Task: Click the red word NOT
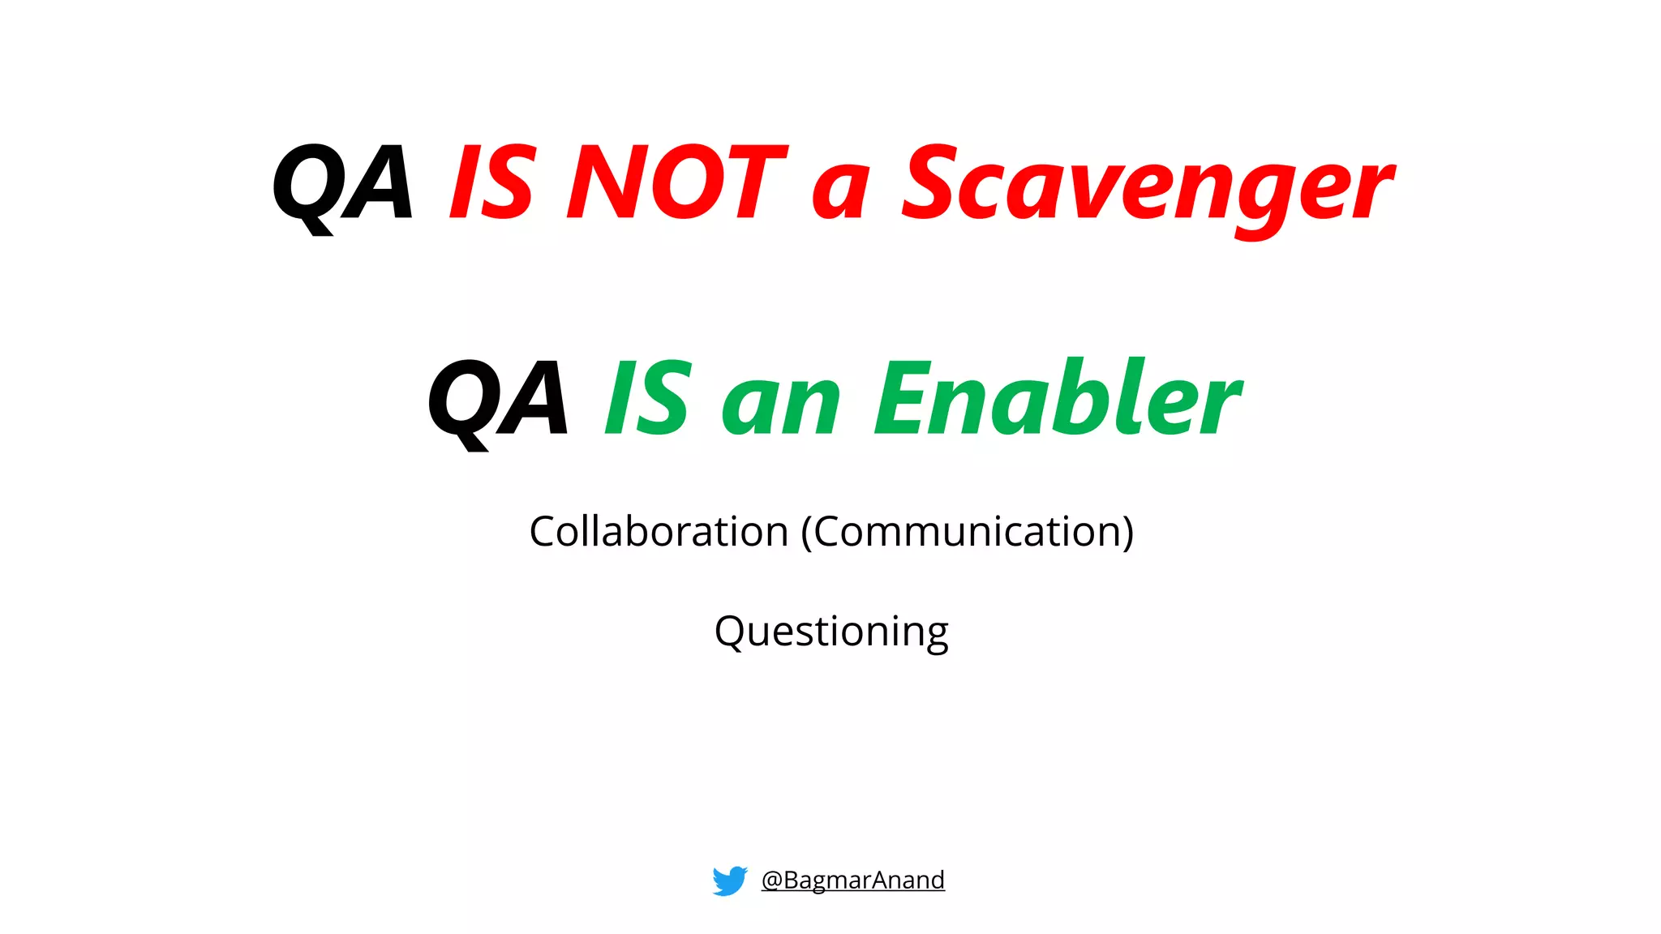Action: [x=676, y=183]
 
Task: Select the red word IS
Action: [x=492, y=183]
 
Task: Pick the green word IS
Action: [x=648, y=399]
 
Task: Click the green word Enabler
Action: [x=1058, y=399]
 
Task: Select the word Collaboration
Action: [x=659, y=533]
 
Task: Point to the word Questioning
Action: [x=831, y=632]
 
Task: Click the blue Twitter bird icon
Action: [x=729, y=880]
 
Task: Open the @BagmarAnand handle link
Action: [x=852, y=880]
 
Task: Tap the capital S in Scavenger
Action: [x=931, y=183]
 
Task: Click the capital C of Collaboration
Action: [x=544, y=533]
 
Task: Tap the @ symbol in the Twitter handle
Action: [x=771, y=880]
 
